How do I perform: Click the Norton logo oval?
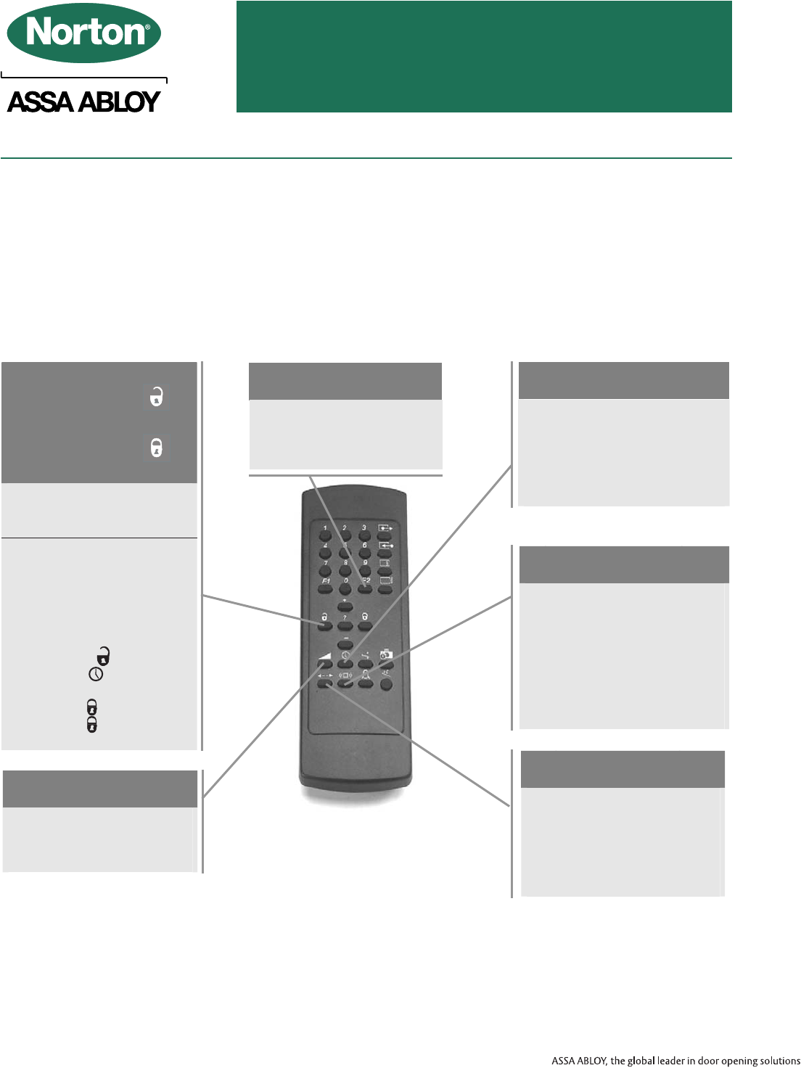click(83, 33)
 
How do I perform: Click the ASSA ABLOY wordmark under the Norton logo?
click(83, 102)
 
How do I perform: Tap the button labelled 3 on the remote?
click(365, 536)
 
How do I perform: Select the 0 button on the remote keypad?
click(345, 588)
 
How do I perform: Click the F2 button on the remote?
click(366, 588)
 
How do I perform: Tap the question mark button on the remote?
click(345, 625)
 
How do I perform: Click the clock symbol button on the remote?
click(345, 663)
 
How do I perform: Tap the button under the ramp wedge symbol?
click(325, 663)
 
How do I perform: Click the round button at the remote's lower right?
click(386, 683)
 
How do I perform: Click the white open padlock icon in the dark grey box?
click(156, 397)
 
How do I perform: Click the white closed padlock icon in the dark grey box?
click(156, 448)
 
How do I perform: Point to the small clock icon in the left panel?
click(95, 675)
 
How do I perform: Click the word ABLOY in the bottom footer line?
click(591, 1061)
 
